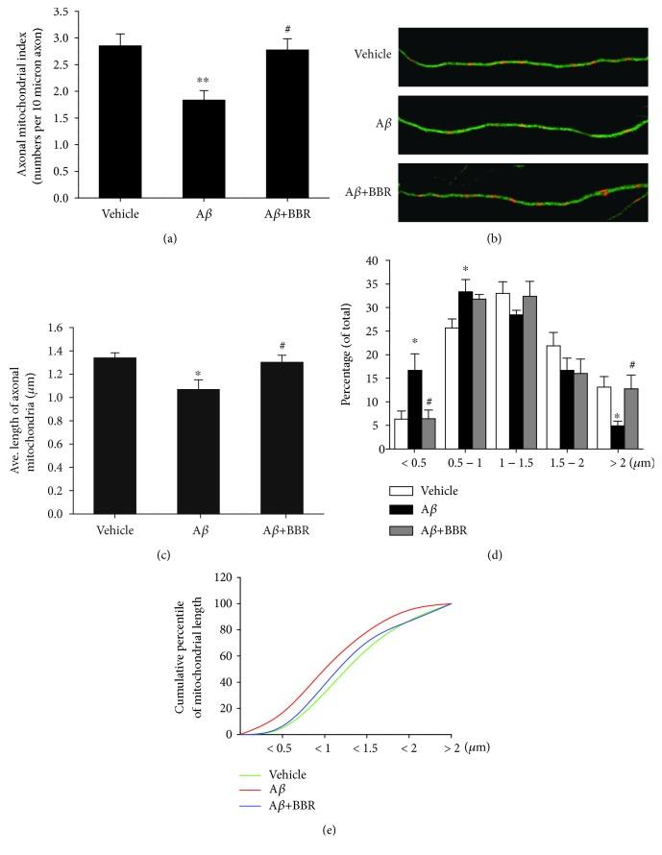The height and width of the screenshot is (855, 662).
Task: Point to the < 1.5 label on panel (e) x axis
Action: (366, 747)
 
